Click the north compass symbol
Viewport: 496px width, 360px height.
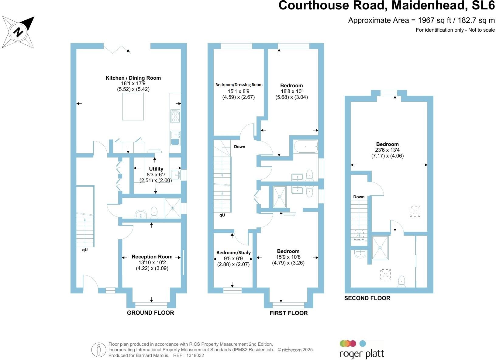point(19,32)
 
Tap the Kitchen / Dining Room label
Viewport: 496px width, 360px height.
point(133,78)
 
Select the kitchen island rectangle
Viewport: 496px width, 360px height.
point(133,106)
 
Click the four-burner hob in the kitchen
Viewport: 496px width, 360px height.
point(175,116)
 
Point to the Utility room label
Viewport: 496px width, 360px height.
point(156,169)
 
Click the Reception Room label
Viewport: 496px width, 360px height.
point(152,257)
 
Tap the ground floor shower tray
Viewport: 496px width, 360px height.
point(172,208)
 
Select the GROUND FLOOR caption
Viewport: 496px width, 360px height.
point(150,313)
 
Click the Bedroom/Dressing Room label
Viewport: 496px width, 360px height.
point(239,85)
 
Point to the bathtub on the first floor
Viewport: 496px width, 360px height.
point(306,147)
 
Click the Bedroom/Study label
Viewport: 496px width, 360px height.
point(233,253)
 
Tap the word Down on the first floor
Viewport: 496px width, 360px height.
point(239,147)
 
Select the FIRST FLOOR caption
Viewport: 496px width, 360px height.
point(288,313)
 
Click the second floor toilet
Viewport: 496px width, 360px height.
point(401,281)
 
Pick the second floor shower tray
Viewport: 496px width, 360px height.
point(380,248)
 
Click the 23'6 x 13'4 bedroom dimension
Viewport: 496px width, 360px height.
point(387,150)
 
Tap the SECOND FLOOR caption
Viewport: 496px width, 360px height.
point(367,298)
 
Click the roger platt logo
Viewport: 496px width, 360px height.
point(361,350)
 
